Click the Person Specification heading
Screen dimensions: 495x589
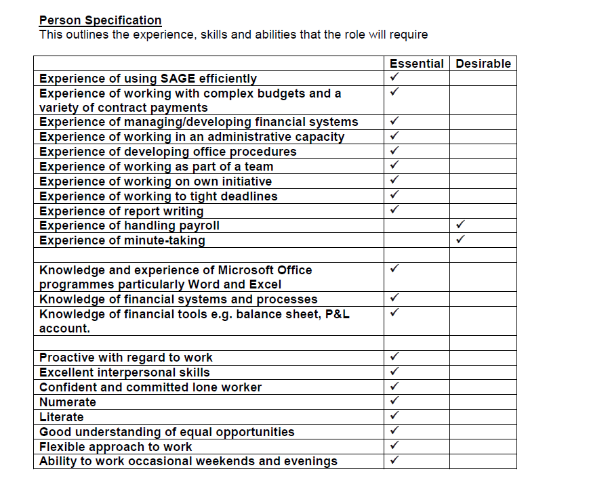100,20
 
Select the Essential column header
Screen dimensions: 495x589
416,64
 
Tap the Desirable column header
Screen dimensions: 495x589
483,64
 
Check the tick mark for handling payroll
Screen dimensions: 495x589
461,223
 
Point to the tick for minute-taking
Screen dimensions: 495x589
461,238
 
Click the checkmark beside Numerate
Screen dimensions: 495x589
394,400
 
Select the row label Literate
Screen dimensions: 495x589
62,417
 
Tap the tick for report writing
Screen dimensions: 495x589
394,209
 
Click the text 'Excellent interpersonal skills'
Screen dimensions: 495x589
125,372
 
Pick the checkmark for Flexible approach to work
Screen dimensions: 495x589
394,445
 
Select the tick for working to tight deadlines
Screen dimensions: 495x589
394,194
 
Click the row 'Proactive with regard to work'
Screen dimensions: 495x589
126,358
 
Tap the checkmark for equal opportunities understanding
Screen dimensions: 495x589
394,430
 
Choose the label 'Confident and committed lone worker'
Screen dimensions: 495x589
150,387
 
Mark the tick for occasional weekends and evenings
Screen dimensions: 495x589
394,460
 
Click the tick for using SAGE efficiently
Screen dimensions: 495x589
394,77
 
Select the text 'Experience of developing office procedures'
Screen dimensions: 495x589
168,152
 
